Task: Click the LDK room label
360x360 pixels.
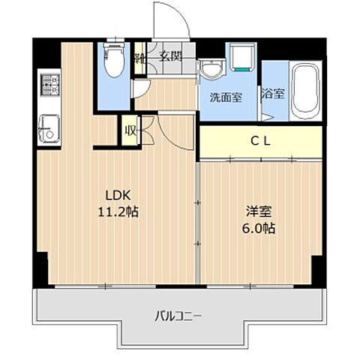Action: tap(118, 195)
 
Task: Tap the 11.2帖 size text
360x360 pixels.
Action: tap(118, 212)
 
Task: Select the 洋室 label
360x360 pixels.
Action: tap(259, 211)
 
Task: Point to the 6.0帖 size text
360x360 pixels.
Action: tap(259, 228)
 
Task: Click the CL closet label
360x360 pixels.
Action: tap(260, 142)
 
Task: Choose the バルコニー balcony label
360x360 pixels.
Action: tap(178, 316)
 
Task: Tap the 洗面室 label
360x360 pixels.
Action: tap(226, 97)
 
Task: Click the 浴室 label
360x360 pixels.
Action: tap(273, 94)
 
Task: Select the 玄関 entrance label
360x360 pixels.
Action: tap(170, 56)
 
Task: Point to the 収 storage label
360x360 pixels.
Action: tap(130, 130)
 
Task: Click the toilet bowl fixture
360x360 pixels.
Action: tap(114, 60)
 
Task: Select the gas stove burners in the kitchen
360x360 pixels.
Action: tap(50, 85)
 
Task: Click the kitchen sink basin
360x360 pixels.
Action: tap(49, 129)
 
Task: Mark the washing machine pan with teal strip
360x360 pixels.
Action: tap(242, 56)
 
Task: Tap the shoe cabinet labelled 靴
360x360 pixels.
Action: tap(139, 58)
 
